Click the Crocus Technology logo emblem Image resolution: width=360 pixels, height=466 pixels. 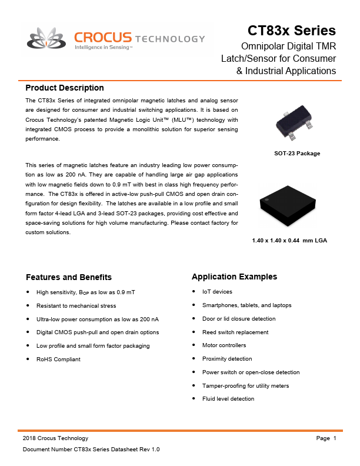pyautogui.click(x=48, y=41)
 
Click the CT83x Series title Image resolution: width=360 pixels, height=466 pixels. pyautogui.click(x=291, y=30)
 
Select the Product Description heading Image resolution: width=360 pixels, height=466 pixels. pyautogui.click(x=65, y=88)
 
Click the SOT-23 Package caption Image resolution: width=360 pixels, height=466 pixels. pyautogui.click(x=297, y=154)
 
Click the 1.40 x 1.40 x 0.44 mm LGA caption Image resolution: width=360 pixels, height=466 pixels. pyautogui.click(x=289, y=241)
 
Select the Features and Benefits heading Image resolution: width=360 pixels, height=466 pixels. pyautogui.click(x=69, y=277)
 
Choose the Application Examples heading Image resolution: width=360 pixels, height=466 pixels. pyautogui.click(x=234, y=277)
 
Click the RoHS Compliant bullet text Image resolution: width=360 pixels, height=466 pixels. pyautogui.click(x=58, y=359)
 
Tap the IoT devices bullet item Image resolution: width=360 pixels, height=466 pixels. pyautogui.click(x=217, y=292)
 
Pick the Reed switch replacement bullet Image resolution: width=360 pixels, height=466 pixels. pyautogui.click(x=235, y=332)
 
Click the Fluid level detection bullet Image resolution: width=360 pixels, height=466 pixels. pyautogui.click(x=228, y=399)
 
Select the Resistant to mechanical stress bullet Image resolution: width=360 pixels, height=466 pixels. pyautogui.click(x=76, y=305)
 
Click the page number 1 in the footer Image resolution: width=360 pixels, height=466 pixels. pyautogui.click(x=334, y=438)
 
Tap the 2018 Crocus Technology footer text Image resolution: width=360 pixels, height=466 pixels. pyautogui.click(x=55, y=438)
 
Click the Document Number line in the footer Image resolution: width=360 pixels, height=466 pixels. pyautogui.click(x=91, y=450)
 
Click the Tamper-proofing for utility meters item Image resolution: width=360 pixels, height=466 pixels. pyautogui.click(x=245, y=385)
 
